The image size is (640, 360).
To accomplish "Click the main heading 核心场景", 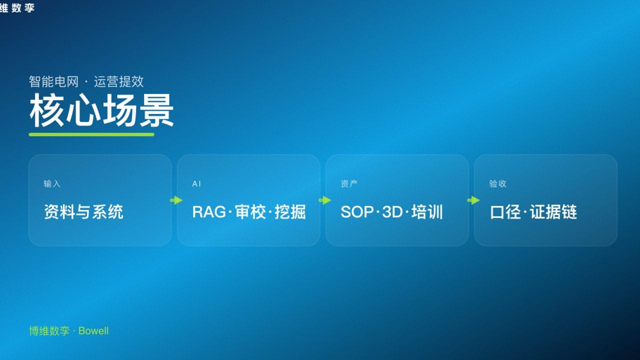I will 101,110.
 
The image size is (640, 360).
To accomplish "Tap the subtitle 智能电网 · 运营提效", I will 86,81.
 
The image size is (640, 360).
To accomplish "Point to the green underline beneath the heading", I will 91,134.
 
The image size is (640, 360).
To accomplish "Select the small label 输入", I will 52,184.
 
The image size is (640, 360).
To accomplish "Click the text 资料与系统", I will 83,212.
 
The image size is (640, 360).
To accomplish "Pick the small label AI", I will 196,184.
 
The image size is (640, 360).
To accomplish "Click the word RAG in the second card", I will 209,212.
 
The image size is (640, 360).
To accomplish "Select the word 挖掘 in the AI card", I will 290,212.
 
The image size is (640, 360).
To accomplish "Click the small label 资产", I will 349,184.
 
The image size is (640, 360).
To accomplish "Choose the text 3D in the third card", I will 392,212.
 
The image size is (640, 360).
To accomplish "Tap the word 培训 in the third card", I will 427,212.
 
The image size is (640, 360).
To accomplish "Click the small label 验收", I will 497,184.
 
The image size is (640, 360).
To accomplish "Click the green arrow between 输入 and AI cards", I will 176,200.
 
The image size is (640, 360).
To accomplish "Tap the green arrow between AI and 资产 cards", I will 324,200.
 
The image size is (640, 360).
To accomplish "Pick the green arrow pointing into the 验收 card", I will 473,200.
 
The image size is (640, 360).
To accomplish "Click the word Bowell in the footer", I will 93,331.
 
